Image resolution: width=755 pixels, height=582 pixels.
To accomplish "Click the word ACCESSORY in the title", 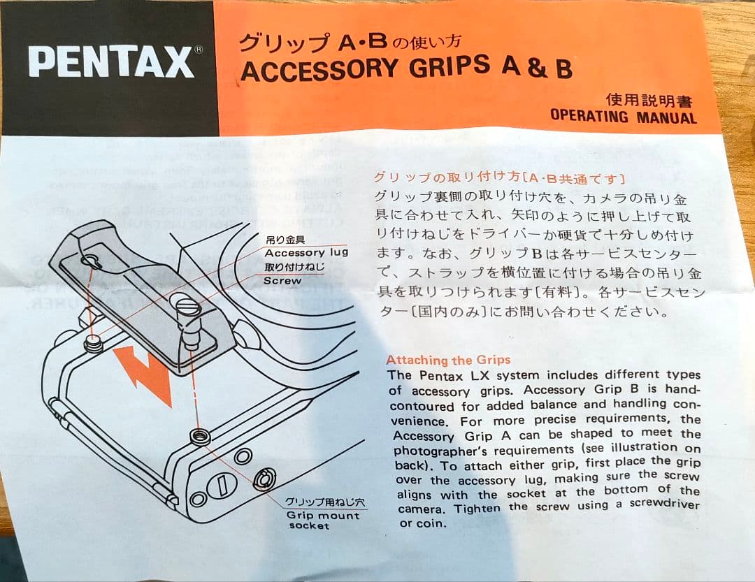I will click(x=317, y=70).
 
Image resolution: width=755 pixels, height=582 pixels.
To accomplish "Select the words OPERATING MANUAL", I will click(x=623, y=116).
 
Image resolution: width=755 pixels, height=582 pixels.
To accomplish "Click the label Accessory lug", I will click(x=305, y=253).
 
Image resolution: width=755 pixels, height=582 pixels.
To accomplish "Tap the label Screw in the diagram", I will click(x=282, y=281).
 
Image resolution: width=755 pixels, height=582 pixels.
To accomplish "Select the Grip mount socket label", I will click(x=322, y=521).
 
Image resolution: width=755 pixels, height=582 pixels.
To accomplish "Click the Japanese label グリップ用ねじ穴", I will click(x=324, y=502).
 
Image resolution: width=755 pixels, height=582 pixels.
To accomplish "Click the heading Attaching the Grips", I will click(x=448, y=361).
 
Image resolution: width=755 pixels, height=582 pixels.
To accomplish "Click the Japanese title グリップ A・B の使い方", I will click(x=350, y=43).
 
